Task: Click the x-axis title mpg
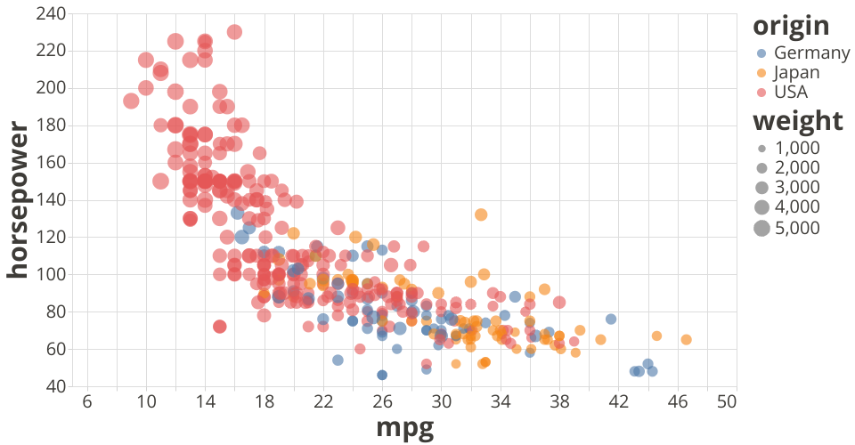coord(405,428)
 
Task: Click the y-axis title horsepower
coord(18,200)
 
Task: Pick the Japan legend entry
coord(798,72)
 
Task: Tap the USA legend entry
coord(792,92)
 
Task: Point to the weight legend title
coord(797,120)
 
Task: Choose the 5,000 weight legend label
coord(798,228)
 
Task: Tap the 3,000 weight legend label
coord(798,187)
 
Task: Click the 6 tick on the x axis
coord(87,402)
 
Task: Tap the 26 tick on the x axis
coord(382,402)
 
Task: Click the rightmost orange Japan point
coord(686,339)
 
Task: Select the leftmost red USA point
coord(132,101)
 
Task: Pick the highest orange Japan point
coord(481,214)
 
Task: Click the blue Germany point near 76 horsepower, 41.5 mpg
coord(611,319)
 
